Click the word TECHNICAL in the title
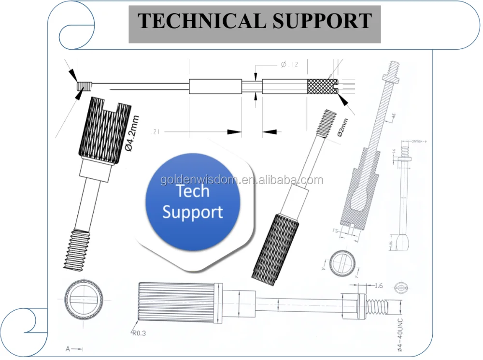click(190, 21)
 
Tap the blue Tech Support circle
click(192, 202)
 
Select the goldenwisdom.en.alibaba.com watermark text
click(241, 180)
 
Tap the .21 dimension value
click(155, 131)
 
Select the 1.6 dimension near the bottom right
click(378, 286)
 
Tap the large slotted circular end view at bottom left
click(84, 300)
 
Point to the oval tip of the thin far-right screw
click(402, 241)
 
